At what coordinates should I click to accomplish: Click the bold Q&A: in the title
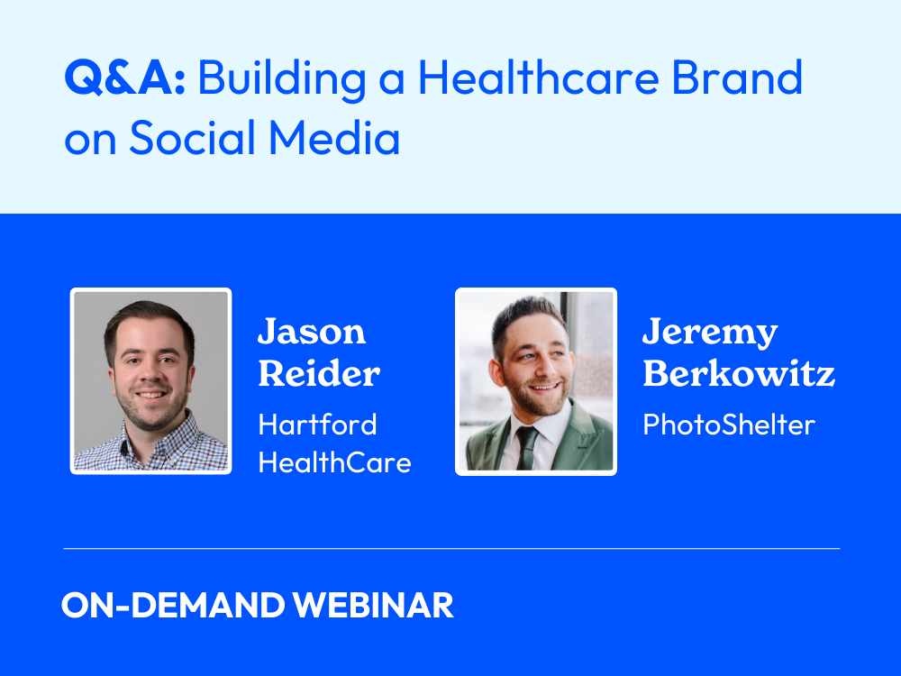[124, 77]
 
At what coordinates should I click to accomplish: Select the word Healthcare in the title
[539, 77]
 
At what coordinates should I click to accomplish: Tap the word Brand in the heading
[737, 77]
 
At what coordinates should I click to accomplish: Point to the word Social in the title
[192, 137]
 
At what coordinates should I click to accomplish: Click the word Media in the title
[334, 137]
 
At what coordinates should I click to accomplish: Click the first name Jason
[312, 332]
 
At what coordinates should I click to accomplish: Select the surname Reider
[319, 374]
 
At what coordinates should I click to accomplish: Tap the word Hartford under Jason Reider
[317, 425]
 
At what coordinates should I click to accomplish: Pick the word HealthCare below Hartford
[334, 462]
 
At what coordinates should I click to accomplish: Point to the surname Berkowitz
[739, 374]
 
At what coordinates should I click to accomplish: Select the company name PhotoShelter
[729, 425]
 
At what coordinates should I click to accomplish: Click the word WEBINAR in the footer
[373, 606]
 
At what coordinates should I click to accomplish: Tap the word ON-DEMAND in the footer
[173, 606]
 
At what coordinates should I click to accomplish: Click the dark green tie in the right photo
[526, 447]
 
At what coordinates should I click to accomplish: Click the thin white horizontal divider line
[451, 549]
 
